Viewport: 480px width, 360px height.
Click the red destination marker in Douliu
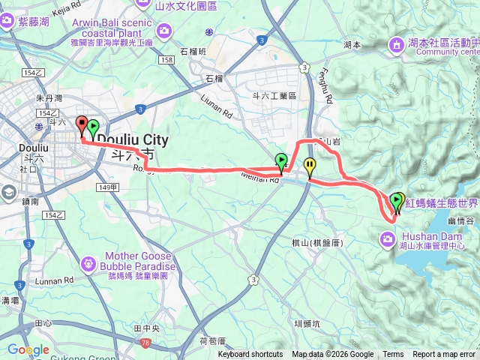(x=82, y=124)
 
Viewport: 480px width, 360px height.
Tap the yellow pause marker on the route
(x=309, y=166)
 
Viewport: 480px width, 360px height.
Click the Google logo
(x=28, y=349)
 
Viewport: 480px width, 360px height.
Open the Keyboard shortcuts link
(x=250, y=355)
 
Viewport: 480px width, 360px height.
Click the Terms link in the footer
(x=393, y=355)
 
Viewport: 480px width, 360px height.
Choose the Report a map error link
(x=443, y=355)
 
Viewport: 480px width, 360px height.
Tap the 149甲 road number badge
(x=107, y=187)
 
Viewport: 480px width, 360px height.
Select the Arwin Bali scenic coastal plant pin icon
(x=163, y=29)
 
